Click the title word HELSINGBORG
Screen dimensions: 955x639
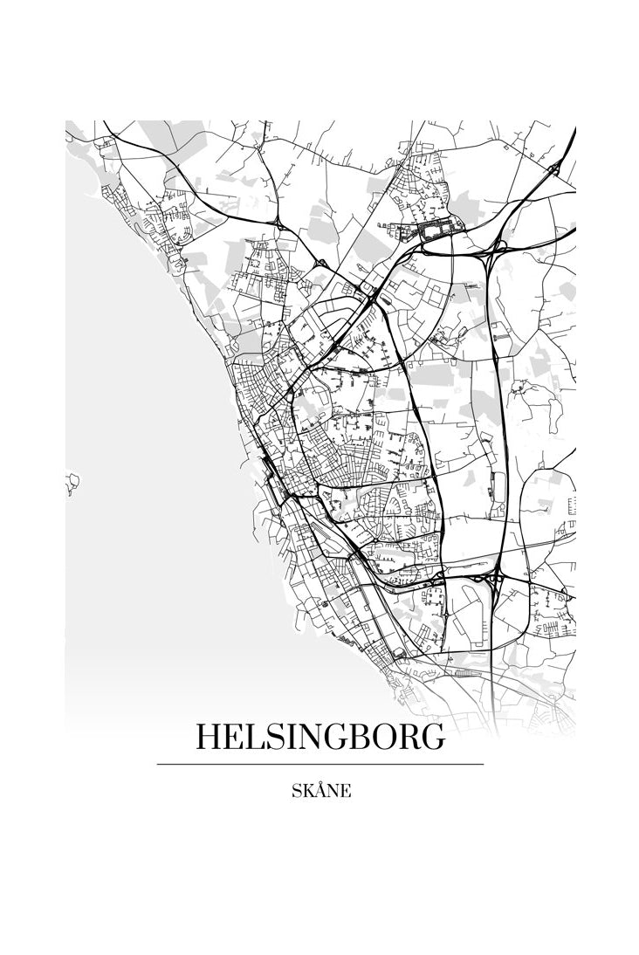319,738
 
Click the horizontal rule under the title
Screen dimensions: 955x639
319,765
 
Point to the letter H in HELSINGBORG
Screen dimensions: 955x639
210,738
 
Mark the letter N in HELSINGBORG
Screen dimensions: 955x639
319,738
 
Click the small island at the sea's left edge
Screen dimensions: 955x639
72,481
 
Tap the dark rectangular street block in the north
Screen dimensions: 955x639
433,230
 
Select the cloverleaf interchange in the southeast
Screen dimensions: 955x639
490,577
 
